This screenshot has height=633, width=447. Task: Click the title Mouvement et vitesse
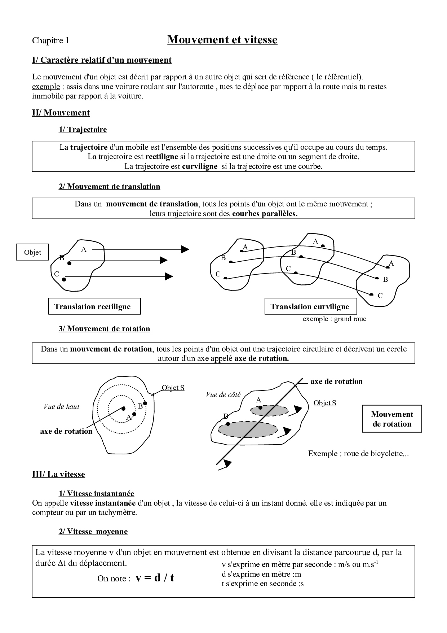[x=222, y=40]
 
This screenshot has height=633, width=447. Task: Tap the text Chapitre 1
[x=50, y=40]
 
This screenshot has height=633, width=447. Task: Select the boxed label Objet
[x=32, y=252]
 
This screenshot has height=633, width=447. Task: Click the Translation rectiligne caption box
[x=94, y=306]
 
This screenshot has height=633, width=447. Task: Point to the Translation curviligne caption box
[x=311, y=306]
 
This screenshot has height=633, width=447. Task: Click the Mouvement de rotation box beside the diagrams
[x=392, y=419]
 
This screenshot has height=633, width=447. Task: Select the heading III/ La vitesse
[x=58, y=474]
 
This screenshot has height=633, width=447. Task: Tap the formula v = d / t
[x=155, y=577]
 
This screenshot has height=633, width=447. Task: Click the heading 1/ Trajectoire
[x=83, y=130]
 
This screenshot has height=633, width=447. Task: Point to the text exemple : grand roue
[x=334, y=319]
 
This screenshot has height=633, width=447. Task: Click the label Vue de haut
[x=61, y=407]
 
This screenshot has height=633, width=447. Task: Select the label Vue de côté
[x=223, y=394]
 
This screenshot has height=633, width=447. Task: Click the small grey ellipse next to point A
[x=269, y=410]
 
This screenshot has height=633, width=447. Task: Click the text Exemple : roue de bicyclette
[x=358, y=454]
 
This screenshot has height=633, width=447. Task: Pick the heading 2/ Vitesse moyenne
[x=93, y=532]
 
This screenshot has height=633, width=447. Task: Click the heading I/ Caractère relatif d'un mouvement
[x=102, y=60]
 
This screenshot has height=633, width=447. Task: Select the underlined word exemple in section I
[x=46, y=87]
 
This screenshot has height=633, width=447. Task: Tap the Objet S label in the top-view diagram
[x=173, y=388]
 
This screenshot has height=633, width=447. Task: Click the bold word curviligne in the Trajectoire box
[x=200, y=166]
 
